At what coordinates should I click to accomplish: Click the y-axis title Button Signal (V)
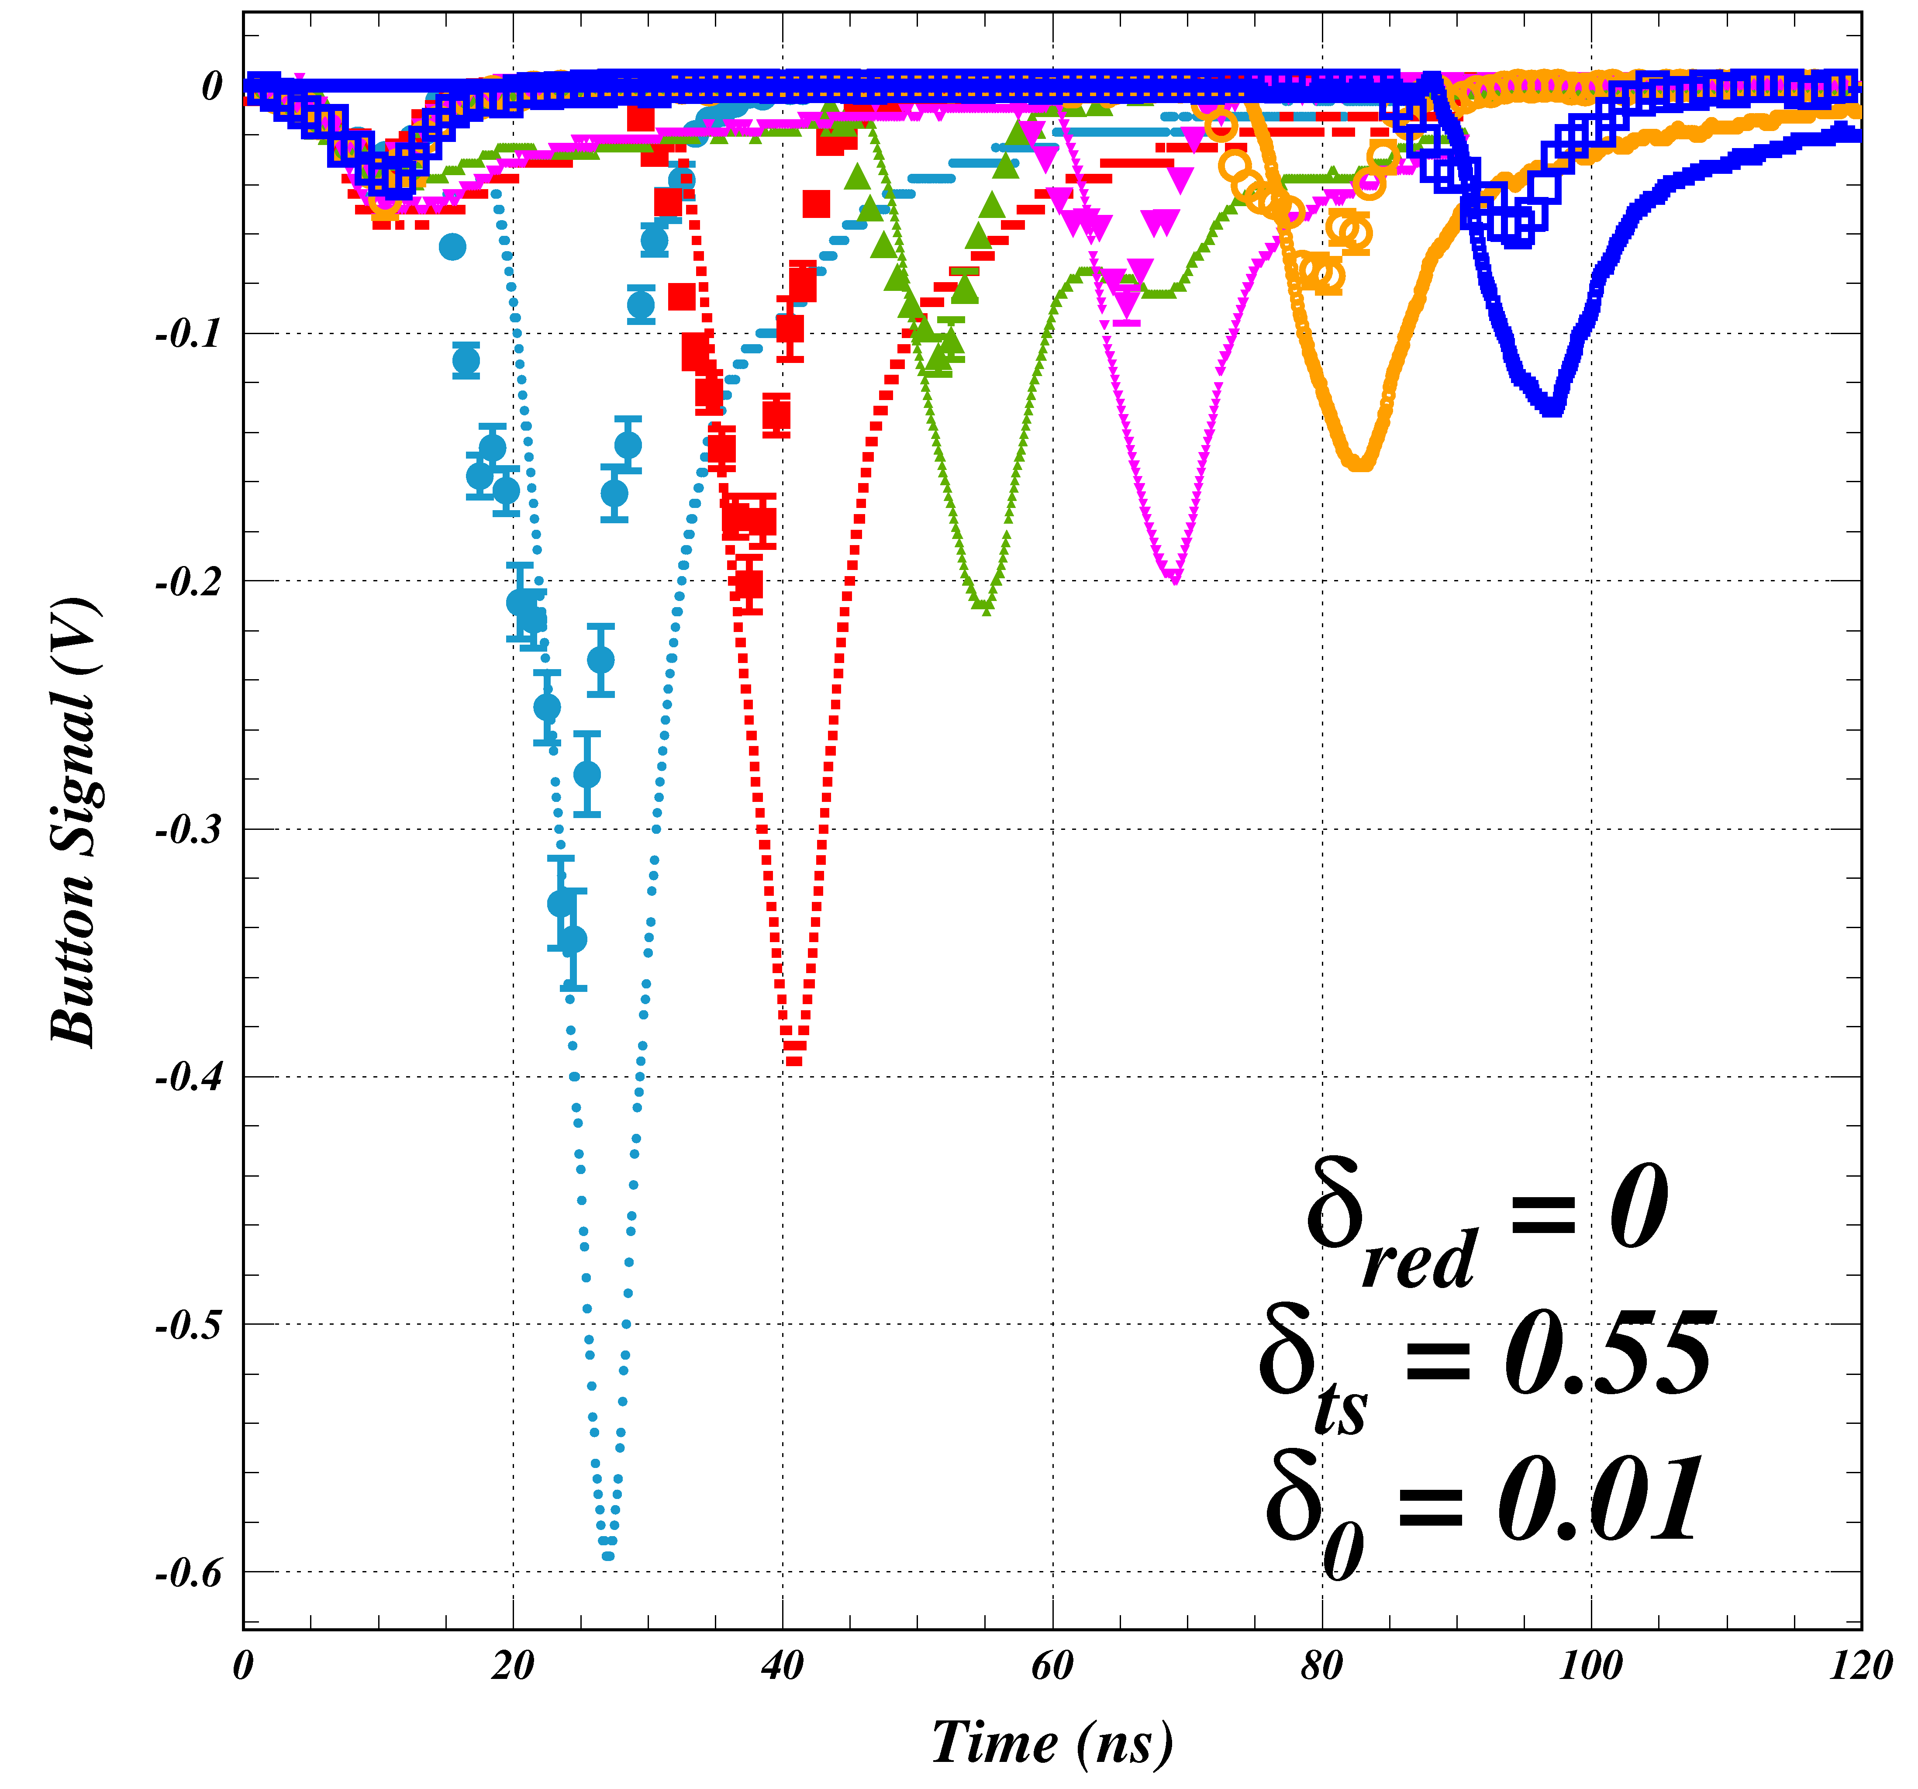coord(74,822)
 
